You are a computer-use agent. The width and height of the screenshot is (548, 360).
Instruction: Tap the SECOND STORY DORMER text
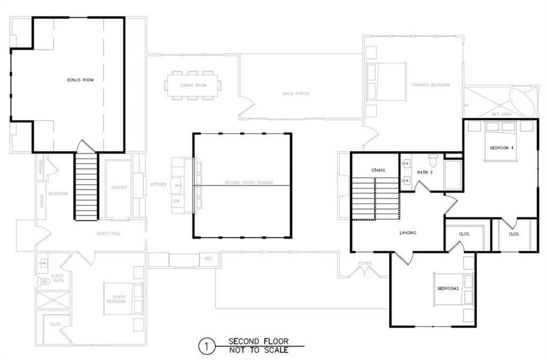242,183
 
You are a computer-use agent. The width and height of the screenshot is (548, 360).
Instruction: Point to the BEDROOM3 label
447,289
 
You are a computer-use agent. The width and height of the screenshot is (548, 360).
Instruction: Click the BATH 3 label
424,172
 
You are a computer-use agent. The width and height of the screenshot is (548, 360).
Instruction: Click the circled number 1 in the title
206,346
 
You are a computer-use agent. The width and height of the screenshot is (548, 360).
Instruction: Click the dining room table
193,85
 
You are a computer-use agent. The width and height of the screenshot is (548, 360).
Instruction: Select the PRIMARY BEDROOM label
430,85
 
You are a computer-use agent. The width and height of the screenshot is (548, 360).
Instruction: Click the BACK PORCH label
296,94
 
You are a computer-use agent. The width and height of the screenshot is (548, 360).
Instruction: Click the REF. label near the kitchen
209,259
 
